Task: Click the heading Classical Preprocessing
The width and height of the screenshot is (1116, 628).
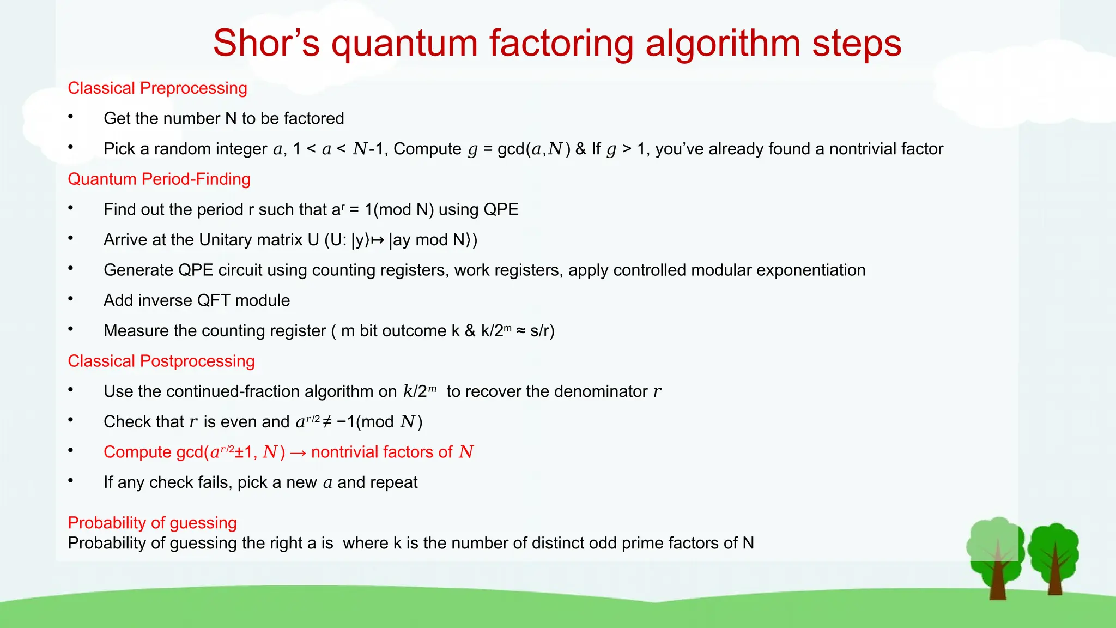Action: point(157,88)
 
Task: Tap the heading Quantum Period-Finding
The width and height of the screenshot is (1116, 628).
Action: point(159,179)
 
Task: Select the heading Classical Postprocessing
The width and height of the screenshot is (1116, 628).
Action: point(161,361)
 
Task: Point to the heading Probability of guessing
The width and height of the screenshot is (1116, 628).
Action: point(152,523)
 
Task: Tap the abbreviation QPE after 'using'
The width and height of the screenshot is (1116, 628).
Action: point(501,210)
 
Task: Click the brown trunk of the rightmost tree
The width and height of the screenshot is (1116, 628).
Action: point(1055,578)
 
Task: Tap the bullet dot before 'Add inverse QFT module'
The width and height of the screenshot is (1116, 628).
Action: point(71,299)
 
